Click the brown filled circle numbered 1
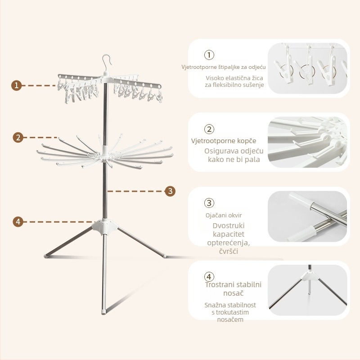pyautogui.click(x=17, y=85)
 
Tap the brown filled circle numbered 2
pyautogui.click(x=18, y=138)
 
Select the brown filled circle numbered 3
pyautogui.click(x=170, y=191)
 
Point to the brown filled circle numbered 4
pyautogui.click(x=18, y=222)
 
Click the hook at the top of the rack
pyautogui.click(x=107, y=62)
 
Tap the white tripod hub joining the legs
pyautogui.click(x=105, y=227)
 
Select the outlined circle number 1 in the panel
pyautogui.click(x=209, y=55)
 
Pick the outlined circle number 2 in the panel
pyautogui.click(x=209, y=129)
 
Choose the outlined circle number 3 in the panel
pyautogui.click(x=209, y=203)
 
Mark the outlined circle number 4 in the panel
pyautogui.click(x=209, y=277)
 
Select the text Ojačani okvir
pyautogui.click(x=224, y=216)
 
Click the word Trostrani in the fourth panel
pyautogui.click(x=219, y=285)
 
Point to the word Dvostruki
pyautogui.click(x=229, y=226)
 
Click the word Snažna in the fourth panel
pyautogui.click(x=213, y=305)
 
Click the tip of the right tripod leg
pyautogui.click(x=164, y=255)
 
